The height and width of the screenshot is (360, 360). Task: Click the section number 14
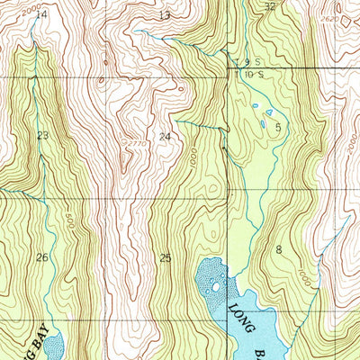pos(41,14)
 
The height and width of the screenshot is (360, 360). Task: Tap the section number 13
pos(163,15)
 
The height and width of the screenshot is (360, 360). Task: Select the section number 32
pos(270,6)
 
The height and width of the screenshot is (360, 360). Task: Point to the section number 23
pos(42,135)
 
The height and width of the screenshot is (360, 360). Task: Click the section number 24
pos(164,137)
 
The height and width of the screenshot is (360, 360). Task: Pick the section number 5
pos(278,128)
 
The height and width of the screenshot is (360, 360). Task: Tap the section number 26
pos(41,257)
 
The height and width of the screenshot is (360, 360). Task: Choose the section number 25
pos(164,258)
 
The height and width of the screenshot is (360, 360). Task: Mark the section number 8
pos(279,249)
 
